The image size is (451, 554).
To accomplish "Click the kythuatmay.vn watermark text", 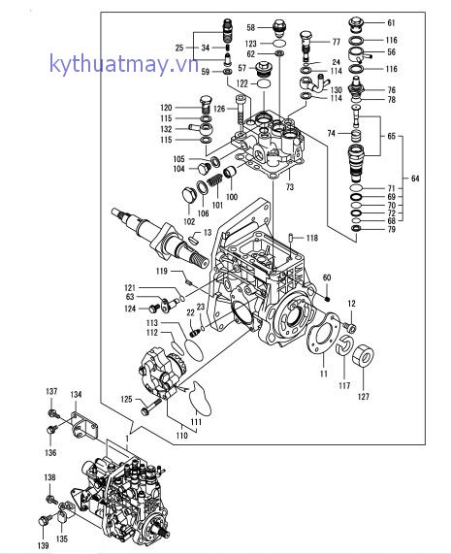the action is [124, 64].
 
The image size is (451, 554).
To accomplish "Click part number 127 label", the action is [363, 397].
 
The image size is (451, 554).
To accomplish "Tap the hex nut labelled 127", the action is [363, 355].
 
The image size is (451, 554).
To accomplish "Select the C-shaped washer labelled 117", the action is [343, 345].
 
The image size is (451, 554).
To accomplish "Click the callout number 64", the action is [415, 179].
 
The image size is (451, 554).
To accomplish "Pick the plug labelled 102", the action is [188, 196].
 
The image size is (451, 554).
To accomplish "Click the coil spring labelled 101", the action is [214, 180].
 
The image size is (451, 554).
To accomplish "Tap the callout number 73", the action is [290, 187].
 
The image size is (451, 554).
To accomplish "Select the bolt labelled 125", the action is [150, 407].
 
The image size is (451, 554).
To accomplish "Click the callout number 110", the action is [181, 436].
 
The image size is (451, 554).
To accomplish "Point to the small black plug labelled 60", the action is [327, 299].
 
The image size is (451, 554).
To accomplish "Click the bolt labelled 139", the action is [45, 520].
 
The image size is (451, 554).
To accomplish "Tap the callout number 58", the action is [250, 27].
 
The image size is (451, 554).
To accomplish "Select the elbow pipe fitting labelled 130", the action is [314, 83].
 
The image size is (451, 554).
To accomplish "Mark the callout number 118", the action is [312, 238].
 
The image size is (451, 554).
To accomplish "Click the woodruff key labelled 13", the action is [192, 239].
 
